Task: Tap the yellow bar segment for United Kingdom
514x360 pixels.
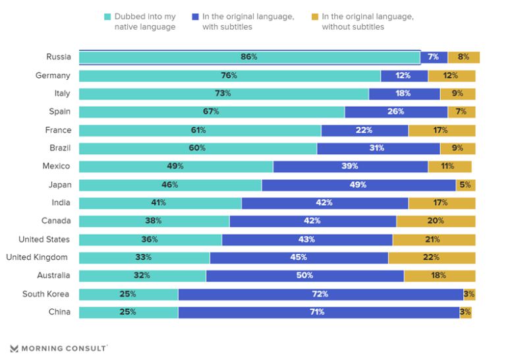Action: (x=432, y=257)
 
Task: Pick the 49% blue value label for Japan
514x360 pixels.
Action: (x=358, y=185)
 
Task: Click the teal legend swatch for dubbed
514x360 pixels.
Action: (x=108, y=16)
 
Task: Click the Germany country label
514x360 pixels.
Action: (x=53, y=76)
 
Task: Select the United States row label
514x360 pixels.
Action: (x=43, y=239)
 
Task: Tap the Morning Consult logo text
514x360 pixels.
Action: (x=63, y=348)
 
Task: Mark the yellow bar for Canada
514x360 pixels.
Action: (x=436, y=221)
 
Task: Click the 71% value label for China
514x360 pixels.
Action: (x=317, y=312)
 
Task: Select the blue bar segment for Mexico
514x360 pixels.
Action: (x=350, y=166)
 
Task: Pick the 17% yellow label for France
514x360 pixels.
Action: (x=441, y=130)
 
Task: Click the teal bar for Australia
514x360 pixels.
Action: (x=142, y=276)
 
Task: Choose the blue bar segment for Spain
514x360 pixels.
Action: (x=395, y=112)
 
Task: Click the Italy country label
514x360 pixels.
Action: (x=62, y=94)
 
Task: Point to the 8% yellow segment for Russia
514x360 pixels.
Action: (x=463, y=57)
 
